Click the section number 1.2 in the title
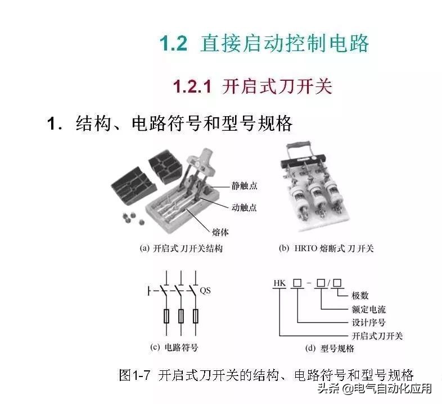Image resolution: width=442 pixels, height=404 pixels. point(173,44)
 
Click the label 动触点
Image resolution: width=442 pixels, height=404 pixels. point(244,207)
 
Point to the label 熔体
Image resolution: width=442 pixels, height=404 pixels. point(220,231)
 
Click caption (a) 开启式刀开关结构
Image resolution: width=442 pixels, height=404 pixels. point(181,248)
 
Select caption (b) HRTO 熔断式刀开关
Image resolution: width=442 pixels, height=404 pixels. point(326,248)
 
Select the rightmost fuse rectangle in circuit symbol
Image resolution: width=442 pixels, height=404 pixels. point(195,317)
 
